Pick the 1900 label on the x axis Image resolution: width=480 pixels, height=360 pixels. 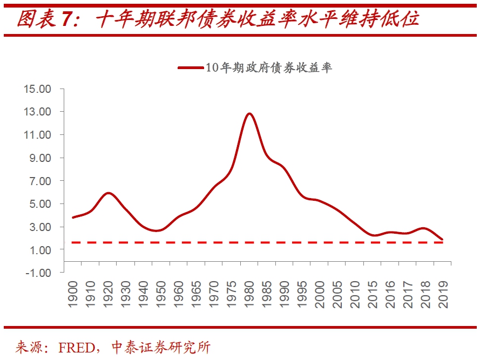click(x=73, y=294)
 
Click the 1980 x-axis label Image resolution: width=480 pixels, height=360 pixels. click(x=249, y=294)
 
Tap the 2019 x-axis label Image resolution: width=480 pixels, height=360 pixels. click(x=443, y=294)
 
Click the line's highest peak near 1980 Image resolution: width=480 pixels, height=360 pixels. click(x=249, y=113)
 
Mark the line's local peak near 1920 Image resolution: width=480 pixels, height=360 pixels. click(x=109, y=193)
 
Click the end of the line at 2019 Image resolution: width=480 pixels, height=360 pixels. click(x=443, y=239)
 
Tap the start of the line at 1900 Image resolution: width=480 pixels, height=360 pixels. click(x=73, y=218)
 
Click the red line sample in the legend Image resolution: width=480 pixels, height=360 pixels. click(x=191, y=67)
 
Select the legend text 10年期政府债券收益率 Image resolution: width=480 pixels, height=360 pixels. click(x=268, y=67)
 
